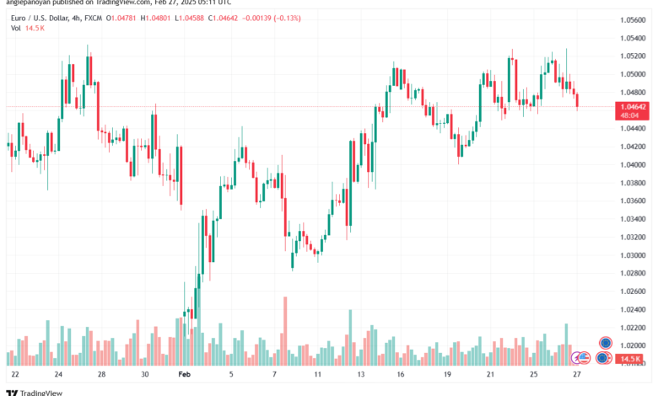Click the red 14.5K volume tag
[629, 359]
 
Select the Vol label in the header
[16, 29]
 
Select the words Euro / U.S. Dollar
[34, 16]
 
